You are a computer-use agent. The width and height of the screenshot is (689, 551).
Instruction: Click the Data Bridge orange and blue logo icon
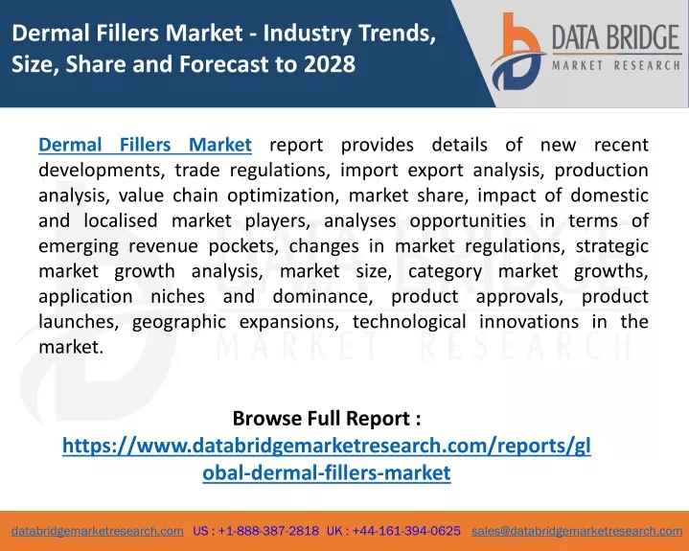[x=518, y=52]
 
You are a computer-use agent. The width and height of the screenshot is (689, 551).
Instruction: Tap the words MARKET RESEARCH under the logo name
[x=616, y=66]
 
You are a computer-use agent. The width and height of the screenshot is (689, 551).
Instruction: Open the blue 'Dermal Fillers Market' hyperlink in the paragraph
[x=145, y=145]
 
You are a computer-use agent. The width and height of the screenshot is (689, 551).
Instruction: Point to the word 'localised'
[x=121, y=220]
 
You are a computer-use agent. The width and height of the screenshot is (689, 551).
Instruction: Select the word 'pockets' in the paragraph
[x=242, y=246]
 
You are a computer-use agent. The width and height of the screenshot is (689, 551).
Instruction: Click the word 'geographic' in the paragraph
[x=179, y=322]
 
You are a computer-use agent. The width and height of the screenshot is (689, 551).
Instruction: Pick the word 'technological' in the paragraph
[x=409, y=322]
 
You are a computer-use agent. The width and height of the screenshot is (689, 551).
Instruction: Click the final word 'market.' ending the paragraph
[x=71, y=347]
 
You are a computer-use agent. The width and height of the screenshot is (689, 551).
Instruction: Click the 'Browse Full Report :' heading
[x=327, y=418]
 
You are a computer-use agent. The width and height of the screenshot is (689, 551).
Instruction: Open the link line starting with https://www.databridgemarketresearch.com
[x=327, y=446]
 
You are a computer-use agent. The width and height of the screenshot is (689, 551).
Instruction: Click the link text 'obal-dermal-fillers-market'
[x=327, y=472]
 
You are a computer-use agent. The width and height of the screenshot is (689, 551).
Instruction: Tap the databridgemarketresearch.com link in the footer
[x=98, y=531]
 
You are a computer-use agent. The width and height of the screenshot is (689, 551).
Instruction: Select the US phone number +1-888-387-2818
[x=268, y=531]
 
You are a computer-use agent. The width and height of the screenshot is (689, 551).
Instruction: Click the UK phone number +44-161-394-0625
[x=406, y=531]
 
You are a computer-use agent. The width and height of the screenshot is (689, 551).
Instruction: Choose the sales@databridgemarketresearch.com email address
[x=577, y=531]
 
